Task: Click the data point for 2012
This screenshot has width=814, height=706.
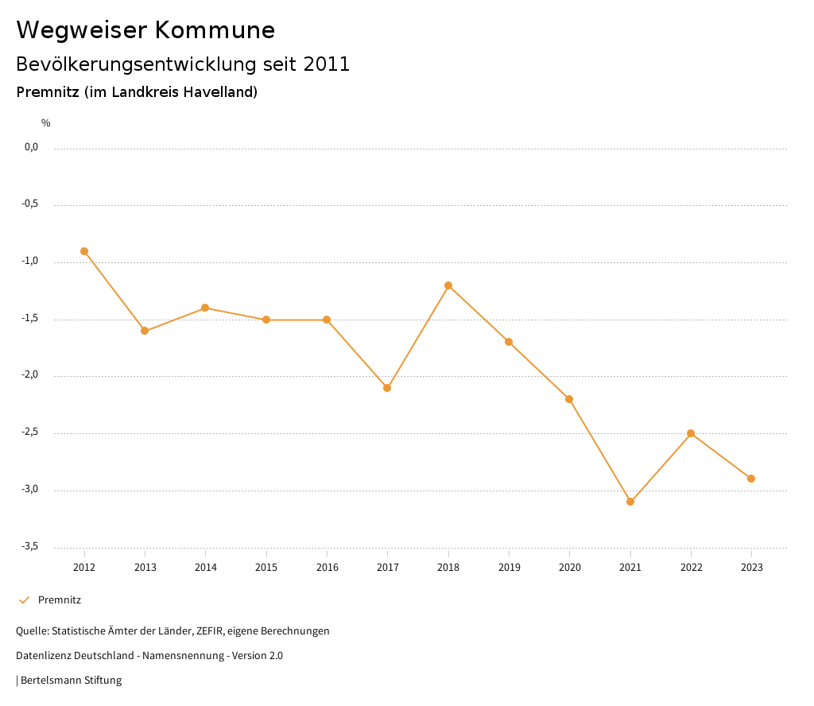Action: pos(84,251)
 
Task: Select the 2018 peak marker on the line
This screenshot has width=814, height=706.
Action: pos(448,285)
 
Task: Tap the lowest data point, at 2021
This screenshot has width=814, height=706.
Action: pos(630,502)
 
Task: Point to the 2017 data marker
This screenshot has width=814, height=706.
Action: pos(387,388)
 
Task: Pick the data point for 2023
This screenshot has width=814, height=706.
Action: pos(751,479)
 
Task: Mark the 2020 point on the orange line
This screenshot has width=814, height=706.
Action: pos(569,399)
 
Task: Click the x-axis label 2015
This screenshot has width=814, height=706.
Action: pos(266,568)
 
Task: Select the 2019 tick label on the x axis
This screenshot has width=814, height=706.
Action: pos(509,568)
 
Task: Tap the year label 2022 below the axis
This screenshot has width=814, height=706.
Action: pos(691,568)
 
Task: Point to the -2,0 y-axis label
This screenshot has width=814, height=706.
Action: pos(31,375)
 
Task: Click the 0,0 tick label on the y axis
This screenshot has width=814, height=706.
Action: pos(32,147)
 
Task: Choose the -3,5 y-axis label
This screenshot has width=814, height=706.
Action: pos(31,546)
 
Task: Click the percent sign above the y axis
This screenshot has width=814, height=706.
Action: pos(46,123)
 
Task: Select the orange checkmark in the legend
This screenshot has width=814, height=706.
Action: pos(24,600)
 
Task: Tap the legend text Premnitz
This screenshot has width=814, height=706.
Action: pos(60,600)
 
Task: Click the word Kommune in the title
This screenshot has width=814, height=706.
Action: pos(215,30)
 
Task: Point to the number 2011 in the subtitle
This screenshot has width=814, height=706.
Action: pos(327,64)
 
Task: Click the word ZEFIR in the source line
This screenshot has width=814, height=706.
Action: pos(209,631)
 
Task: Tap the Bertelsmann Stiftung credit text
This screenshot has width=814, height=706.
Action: pos(71,681)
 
